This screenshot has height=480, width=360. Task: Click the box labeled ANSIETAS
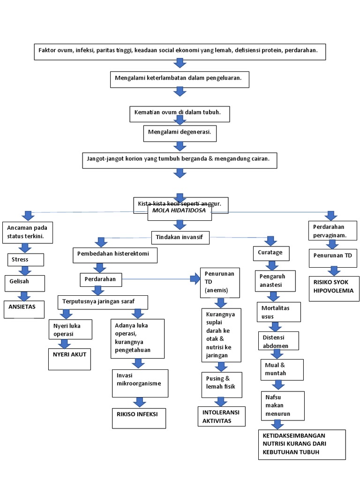coord(23,309)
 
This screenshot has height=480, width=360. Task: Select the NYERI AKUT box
coord(70,359)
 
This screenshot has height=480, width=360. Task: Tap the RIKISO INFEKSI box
coord(138,417)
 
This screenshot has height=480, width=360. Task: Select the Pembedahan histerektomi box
coord(114,255)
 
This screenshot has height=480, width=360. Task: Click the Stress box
coord(26,259)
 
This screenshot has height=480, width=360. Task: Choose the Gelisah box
coord(24,283)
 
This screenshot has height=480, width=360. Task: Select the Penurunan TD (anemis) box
coord(220,283)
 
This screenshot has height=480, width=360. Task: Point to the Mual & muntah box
coord(281,369)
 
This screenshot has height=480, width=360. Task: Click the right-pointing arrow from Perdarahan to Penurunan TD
coord(194,279)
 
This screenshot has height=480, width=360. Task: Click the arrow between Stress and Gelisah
coord(24,270)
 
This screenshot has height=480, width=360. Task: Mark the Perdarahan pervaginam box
coord(330,230)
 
